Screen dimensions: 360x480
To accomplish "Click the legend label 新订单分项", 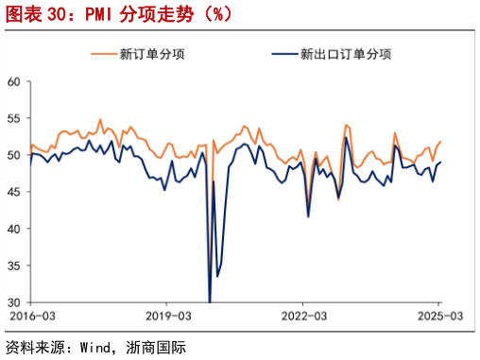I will [152, 54].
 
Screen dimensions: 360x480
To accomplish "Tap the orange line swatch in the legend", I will [103, 54].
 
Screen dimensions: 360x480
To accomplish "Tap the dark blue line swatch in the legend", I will [283, 54].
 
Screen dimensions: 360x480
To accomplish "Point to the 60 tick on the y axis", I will [14, 81].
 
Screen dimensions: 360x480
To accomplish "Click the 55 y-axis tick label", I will [14, 118].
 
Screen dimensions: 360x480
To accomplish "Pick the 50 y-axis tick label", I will [14, 155].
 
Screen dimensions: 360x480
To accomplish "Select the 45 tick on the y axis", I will [14, 192].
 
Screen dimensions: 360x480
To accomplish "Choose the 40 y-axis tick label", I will [14, 229].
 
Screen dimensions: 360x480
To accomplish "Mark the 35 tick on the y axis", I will [14, 266].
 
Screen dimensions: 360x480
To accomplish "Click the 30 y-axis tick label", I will [14, 302].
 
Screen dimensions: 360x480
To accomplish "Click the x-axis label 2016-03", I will [31, 316].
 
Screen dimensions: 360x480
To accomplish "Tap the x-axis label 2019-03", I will [166, 316].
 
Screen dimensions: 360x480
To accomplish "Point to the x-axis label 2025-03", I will [439, 316].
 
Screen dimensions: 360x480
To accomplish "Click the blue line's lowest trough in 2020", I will [209, 301].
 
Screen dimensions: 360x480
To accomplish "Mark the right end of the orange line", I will [440, 142].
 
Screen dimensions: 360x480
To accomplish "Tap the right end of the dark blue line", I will [440, 163].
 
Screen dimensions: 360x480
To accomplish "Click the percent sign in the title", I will [213, 16].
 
